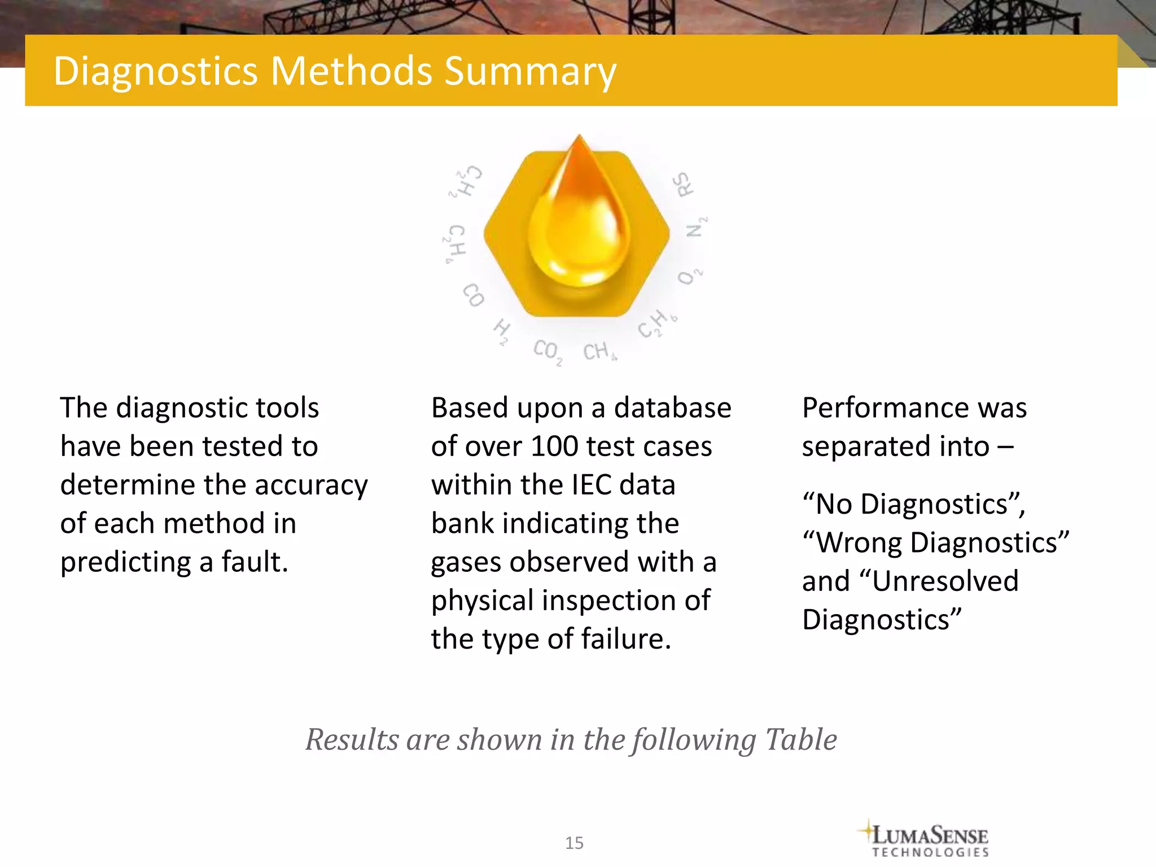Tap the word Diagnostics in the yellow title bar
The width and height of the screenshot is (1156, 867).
(156, 71)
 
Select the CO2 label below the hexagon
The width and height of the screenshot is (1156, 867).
(547, 351)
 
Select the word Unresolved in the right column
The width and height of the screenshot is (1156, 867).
(945, 581)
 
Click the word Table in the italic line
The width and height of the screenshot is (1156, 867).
(801, 739)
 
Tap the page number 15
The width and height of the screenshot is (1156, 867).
(574, 843)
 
